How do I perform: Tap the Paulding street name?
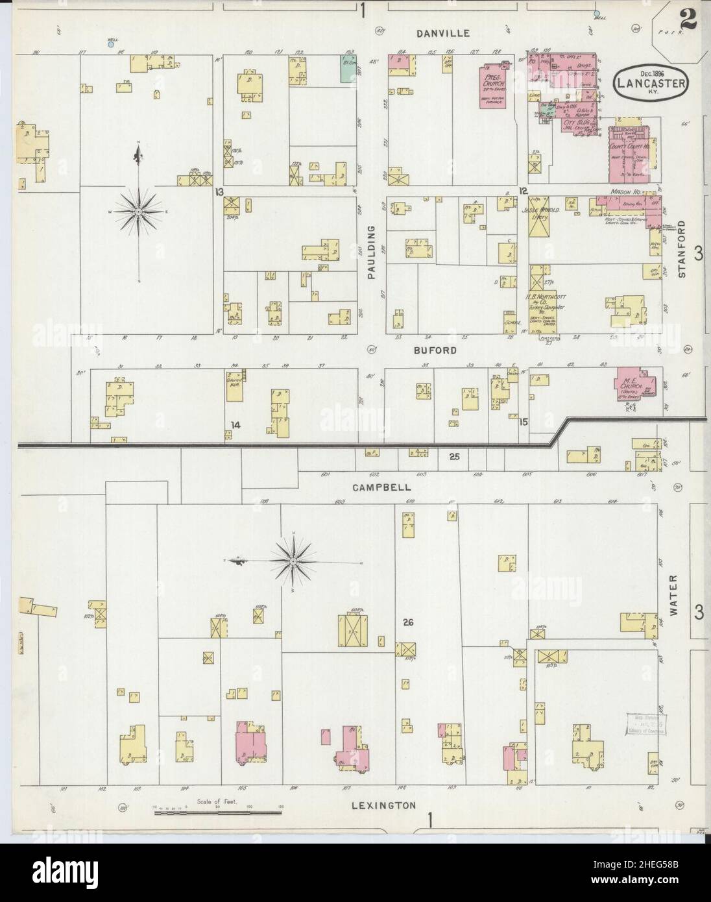[x=372, y=252]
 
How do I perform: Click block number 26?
[x=407, y=622]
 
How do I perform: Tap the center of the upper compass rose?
[x=139, y=212]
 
